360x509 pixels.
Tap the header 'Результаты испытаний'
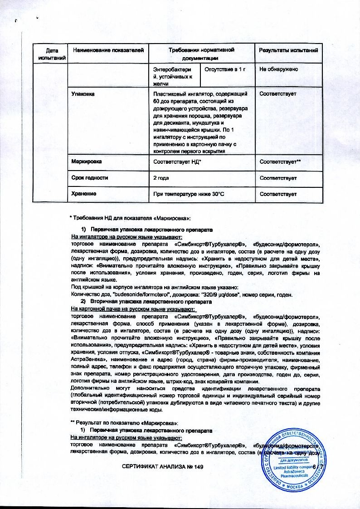pos(288,49)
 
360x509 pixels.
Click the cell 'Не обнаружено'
pos(278,69)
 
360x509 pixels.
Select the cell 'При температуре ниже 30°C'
pos(187,194)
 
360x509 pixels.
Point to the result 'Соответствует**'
pos(281,162)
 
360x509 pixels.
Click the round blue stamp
pos(295,459)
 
